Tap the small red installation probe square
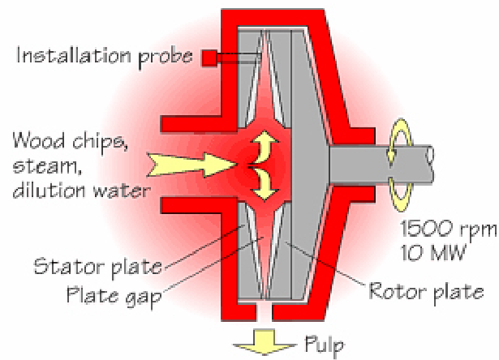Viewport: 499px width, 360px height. [209, 58]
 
